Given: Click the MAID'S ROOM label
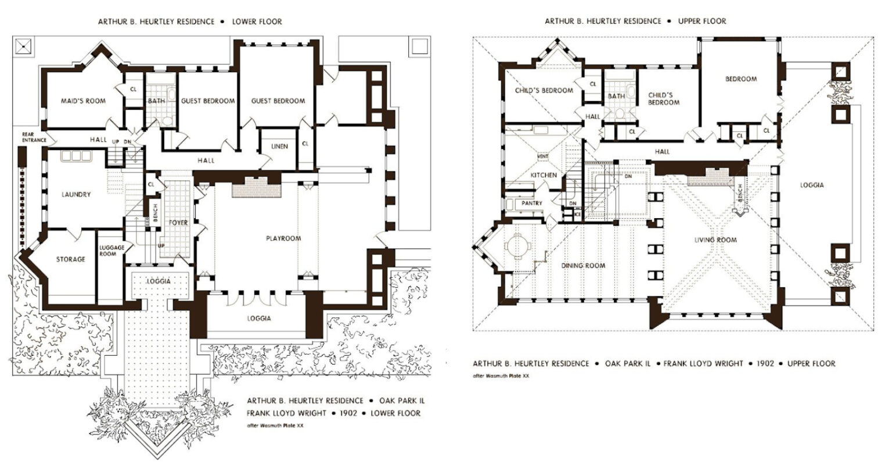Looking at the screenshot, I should coord(84,101).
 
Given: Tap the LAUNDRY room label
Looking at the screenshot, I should coord(76,194).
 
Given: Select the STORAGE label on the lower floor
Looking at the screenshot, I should coord(70,259).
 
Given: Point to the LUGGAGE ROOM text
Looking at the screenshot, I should coord(111,251).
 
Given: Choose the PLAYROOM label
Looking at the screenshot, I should coord(283,238).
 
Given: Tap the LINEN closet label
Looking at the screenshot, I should coord(279,147).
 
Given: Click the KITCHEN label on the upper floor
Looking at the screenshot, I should coord(544,175).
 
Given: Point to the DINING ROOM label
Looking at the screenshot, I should coord(583,266).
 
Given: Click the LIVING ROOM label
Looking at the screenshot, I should coord(715,240).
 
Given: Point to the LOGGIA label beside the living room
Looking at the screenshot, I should coord(811,185).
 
